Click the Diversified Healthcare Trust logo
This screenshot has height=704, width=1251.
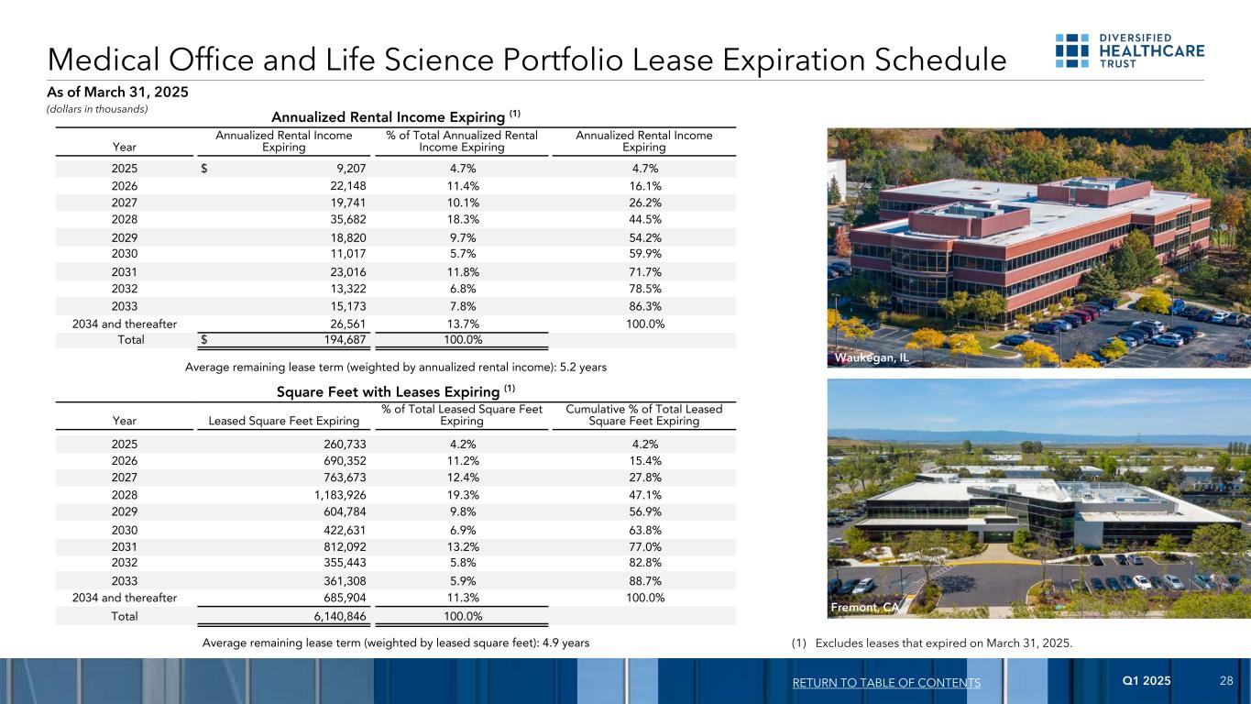[x=1129, y=49]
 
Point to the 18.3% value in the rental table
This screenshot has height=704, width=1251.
[x=461, y=219]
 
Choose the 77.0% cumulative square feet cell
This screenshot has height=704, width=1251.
[x=642, y=547]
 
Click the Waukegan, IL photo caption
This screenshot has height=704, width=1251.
[x=872, y=357]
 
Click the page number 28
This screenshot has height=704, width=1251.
[x=1226, y=681]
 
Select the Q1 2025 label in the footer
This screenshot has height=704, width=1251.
[x=1147, y=681]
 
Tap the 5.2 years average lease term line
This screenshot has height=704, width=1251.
[x=395, y=367]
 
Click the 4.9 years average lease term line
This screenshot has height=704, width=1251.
[x=395, y=643]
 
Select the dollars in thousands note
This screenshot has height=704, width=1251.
[x=97, y=109]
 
